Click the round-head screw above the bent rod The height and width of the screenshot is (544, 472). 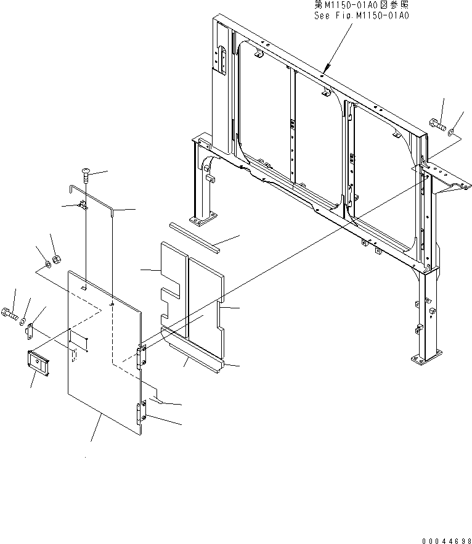click(84, 175)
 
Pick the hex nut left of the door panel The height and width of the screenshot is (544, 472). click(56, 260)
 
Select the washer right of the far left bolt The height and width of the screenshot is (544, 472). click(23, 321)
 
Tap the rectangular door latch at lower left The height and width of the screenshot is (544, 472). click(38, 363)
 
